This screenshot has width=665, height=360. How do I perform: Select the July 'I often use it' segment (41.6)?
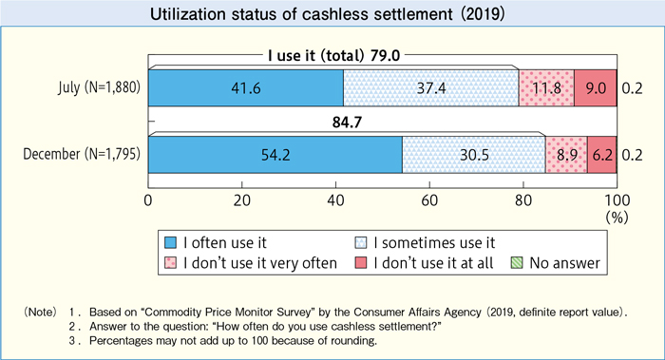pos(246,88)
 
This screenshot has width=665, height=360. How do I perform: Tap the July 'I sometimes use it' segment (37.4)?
pos(430,88)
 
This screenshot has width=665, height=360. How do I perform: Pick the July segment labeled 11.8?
pos(546,88)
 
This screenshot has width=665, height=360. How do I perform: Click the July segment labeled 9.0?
pos(595,88)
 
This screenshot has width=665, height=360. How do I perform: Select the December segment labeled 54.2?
pos(275,154)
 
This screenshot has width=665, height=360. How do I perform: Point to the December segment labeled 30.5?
pos(473,154)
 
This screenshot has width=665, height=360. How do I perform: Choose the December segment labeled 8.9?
pos(566,154)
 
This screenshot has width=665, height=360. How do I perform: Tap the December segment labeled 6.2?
pos(601,154)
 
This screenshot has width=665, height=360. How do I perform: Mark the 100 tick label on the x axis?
pos(616,200)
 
